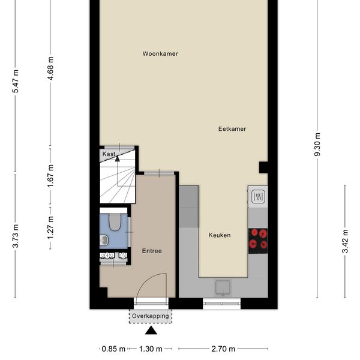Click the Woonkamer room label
pos(160,54)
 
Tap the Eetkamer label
pos(232,129)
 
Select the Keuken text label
pos(220,235)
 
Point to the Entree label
pos(152,251)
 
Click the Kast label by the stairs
pos(109,154)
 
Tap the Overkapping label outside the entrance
pos(151,316)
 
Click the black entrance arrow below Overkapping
pos(151,331)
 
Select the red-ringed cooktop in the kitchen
pos(258,241)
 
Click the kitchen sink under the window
pos(223,287)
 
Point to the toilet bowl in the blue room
pos(115,222)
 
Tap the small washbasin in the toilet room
pos(104,240)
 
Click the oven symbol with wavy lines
pos(258,197)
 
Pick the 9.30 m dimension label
pos(317,145)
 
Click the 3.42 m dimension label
pos(345,241)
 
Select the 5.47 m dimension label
pos(16,81)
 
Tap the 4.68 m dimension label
pos(50,68)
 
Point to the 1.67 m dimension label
pos(50,176)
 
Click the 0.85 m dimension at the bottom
pos(113,349)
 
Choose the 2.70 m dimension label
pos(223,349)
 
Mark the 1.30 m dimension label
pos(151,349)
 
